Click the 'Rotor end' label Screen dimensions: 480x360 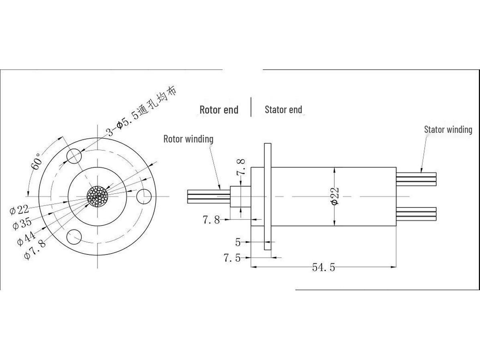coord(219,110)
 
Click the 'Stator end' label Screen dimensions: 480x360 coord(283,110)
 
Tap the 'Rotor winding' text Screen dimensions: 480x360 coord(188,139)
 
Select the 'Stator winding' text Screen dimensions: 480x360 coord(448,130)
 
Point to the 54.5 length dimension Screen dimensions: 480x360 coord(323,267)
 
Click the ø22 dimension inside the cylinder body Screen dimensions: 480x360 coord(335,196)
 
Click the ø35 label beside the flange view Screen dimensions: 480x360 coord(22,224)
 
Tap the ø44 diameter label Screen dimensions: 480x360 coord(26,238)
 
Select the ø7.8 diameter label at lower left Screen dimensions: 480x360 coord(35,250)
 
